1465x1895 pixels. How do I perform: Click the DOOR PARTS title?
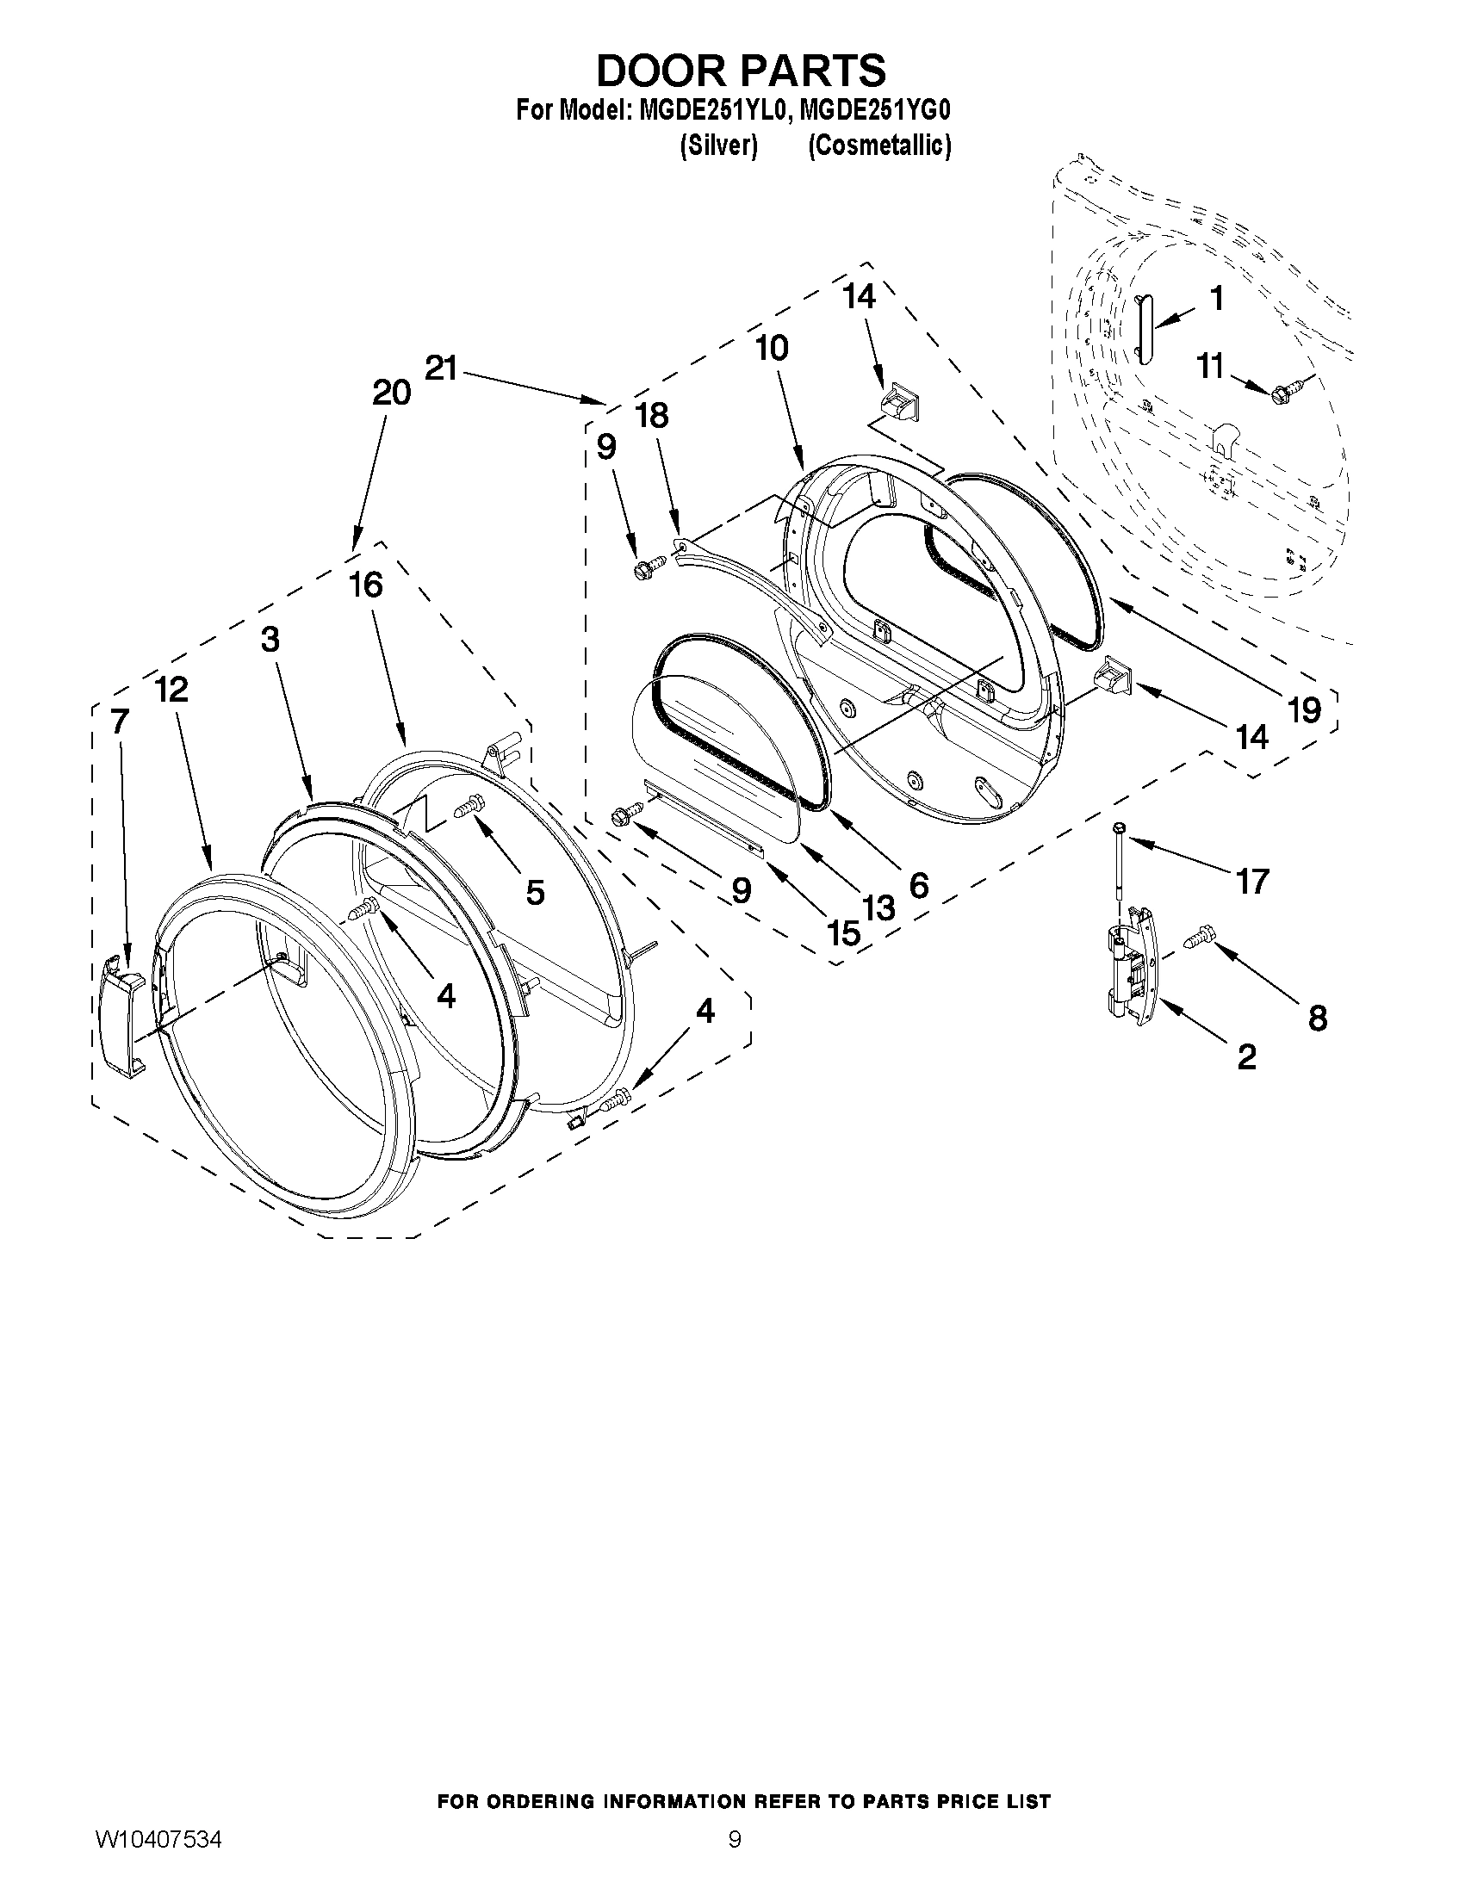pyautogui.click(x=741, y=71)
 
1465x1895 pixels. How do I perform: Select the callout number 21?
pyautogui.click(x=441, y=368)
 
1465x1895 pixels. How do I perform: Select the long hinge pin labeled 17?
pyautogui.click(x=1120, y=868)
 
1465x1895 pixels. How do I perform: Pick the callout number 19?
pyautogui.click(x=1304, y=709)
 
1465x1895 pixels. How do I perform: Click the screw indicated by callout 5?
pyautogui.click(x=468, y=807)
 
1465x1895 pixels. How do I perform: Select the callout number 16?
pyautogui.click(x=366, y=585)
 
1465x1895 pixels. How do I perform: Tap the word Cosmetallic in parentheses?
pyautogui.click(x=879, y=146)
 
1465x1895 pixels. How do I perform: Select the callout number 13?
pyautogui.click(x=878, y=908)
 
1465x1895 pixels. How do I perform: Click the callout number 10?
pyautogui.click(x=772, y=349)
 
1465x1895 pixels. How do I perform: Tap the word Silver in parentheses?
pyautogui.click(x=718, y=146)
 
